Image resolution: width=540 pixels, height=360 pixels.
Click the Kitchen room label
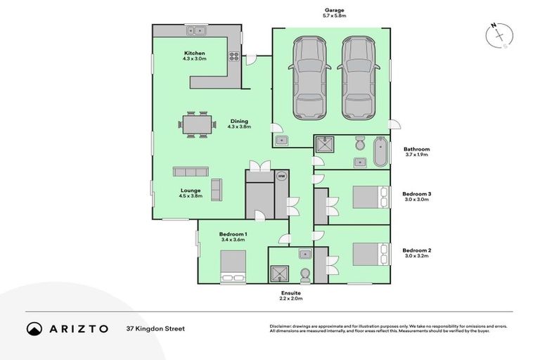[x=194, y=53]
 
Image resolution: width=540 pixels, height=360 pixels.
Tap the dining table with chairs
[x=197, y=124]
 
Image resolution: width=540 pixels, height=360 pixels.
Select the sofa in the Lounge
[x=191, y=172]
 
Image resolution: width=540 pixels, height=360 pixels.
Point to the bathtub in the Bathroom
[x=380, y=152]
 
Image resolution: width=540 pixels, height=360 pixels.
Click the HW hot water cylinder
[x=281, y=176]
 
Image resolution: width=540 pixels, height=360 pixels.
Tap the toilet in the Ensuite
[x=304, y=274]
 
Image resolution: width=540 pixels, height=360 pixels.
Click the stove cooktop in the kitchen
[x=233, y=56]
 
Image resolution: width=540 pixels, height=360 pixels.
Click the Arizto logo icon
[x=34, y=328]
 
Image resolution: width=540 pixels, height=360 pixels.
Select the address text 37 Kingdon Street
[x=155, y=328]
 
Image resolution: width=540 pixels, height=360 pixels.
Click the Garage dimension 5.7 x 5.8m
[x=333, y=15]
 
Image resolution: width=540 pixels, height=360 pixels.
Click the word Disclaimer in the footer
[x=282, y=326]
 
